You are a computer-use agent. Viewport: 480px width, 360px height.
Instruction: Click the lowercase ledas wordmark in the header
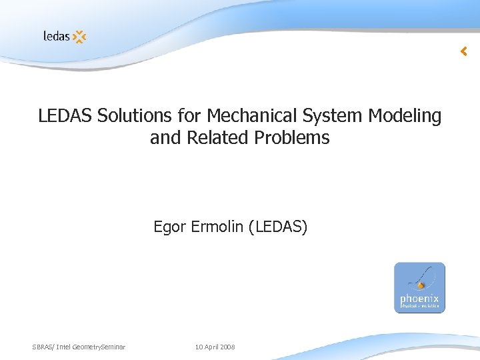coord(56,36)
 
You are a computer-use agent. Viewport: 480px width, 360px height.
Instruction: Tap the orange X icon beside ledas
coord(79,37)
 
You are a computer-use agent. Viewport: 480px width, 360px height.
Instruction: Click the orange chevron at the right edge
coord(464,51)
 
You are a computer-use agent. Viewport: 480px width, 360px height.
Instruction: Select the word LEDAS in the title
coord(65,116)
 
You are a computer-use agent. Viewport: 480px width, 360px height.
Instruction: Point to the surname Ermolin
coord(216,227)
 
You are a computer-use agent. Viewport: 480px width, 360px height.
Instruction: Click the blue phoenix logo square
coord(419,287)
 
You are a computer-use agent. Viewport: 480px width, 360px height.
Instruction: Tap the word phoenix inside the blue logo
coord(419,299)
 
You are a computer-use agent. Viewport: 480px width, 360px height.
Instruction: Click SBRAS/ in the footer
coord(44,347)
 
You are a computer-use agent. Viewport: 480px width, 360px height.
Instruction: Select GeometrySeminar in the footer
coord(100,347)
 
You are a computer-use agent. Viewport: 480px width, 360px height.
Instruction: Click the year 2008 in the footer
coord(228,347)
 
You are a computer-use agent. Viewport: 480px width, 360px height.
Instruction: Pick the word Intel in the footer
coord(65,347)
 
